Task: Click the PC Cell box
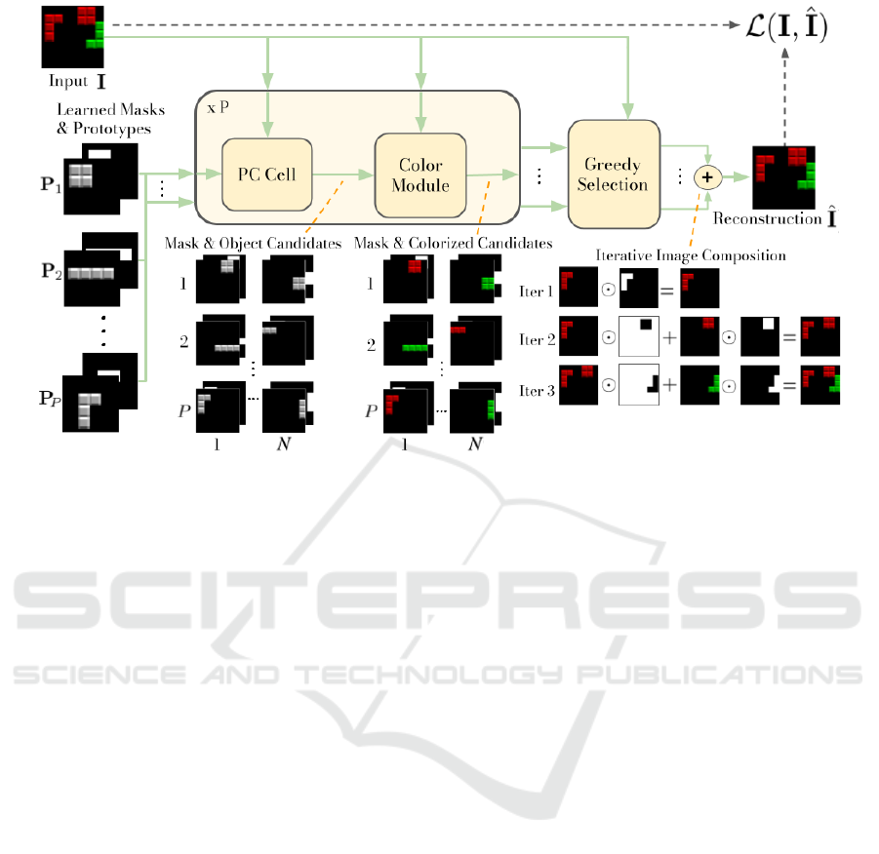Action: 265,175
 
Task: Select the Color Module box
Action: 422,175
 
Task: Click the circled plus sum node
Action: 706,177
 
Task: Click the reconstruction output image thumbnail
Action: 783,175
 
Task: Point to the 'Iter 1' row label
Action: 538,291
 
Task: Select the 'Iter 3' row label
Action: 538,391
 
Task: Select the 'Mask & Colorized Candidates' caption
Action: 453,242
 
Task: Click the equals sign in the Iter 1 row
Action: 666,291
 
